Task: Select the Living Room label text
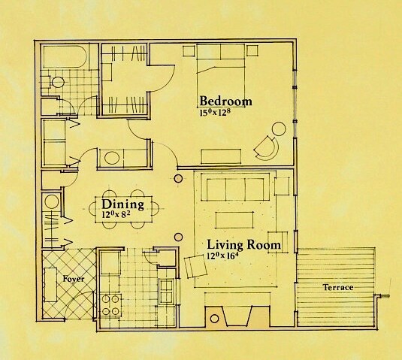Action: click(x=243, y=246)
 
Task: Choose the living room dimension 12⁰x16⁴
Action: click(x=225, y=257)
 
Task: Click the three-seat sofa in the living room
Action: click(x=234, y=189)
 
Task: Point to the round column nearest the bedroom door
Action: click(x=178, y=178)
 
